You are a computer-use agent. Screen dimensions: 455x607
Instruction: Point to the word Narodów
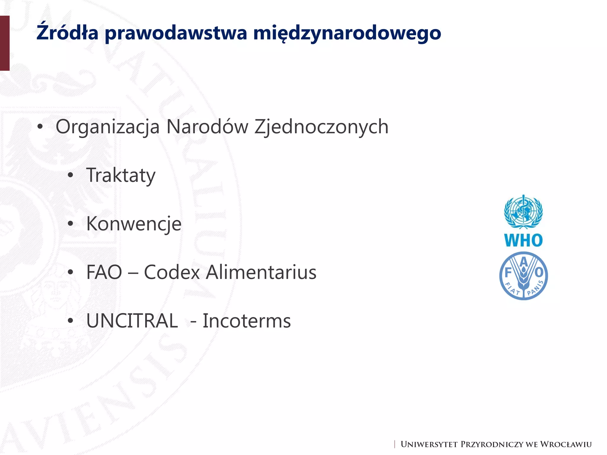click(207, 127)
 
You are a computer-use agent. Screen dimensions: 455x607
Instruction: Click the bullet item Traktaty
click(121, 176)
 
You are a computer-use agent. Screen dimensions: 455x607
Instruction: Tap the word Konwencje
click(134, 224)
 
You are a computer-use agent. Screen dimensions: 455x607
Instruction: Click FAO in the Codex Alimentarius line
click(104, 272)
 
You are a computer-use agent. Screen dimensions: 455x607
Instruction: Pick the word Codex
click(172, 272)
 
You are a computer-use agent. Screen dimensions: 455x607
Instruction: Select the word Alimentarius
click(261, 272)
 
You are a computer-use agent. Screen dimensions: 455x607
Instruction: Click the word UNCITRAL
click(132, 321)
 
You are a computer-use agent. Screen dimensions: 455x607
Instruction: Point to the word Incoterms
click(247, 321)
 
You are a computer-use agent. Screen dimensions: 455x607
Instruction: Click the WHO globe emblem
click(523, 212)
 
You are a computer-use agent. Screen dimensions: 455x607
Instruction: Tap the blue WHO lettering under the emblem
click(523, 240)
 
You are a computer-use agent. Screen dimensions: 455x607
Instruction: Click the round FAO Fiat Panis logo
click(523, 276)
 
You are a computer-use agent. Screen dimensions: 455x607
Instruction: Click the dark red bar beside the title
click(5, 43)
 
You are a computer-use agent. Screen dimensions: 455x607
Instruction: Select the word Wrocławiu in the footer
click(566, 445)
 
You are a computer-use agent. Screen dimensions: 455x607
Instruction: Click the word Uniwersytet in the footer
click(429, 445)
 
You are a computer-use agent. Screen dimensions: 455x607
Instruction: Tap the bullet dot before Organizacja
click(40, 127)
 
